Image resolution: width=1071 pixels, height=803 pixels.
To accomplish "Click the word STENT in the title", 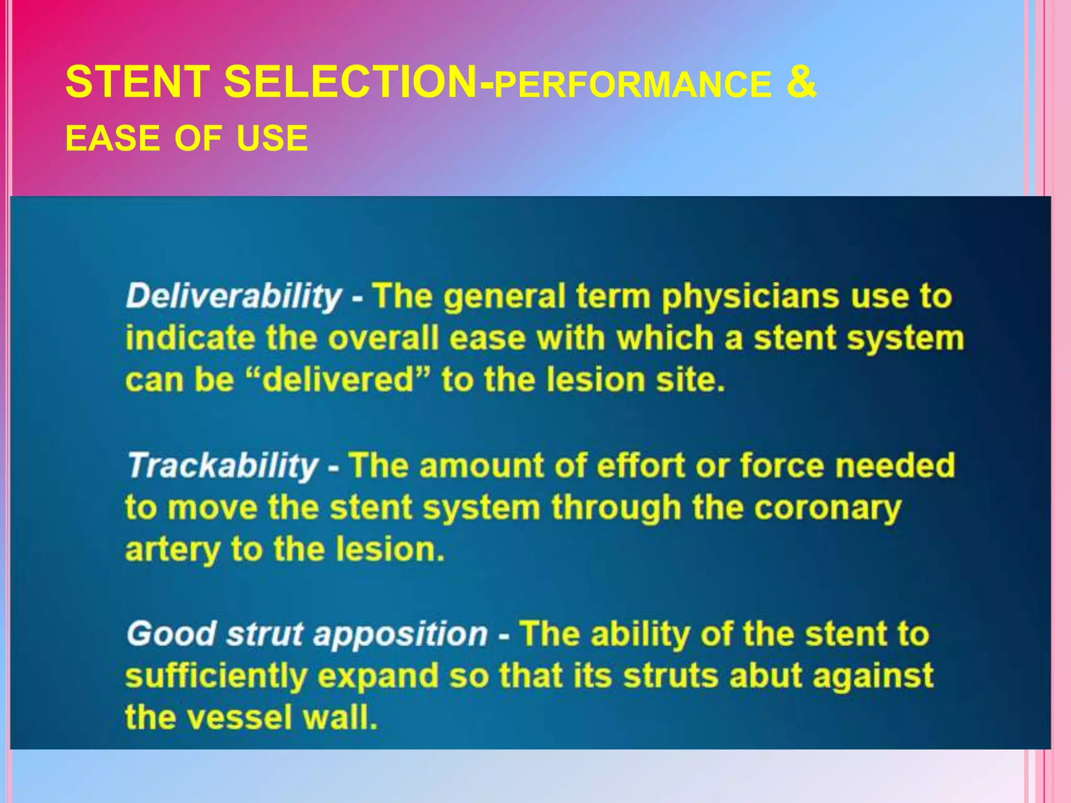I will pos(138,82).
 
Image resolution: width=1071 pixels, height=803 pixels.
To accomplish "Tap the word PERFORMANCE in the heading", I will pos(632,85).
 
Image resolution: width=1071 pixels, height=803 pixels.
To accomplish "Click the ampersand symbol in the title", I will pos(801,82).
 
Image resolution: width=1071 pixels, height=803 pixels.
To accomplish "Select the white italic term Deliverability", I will pos(234,296).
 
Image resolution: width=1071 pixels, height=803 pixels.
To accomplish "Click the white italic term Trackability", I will pos(224,465).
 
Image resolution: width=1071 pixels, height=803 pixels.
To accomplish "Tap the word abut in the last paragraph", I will pos(765,676).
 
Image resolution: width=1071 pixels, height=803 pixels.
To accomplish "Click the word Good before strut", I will pos(171,634).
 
